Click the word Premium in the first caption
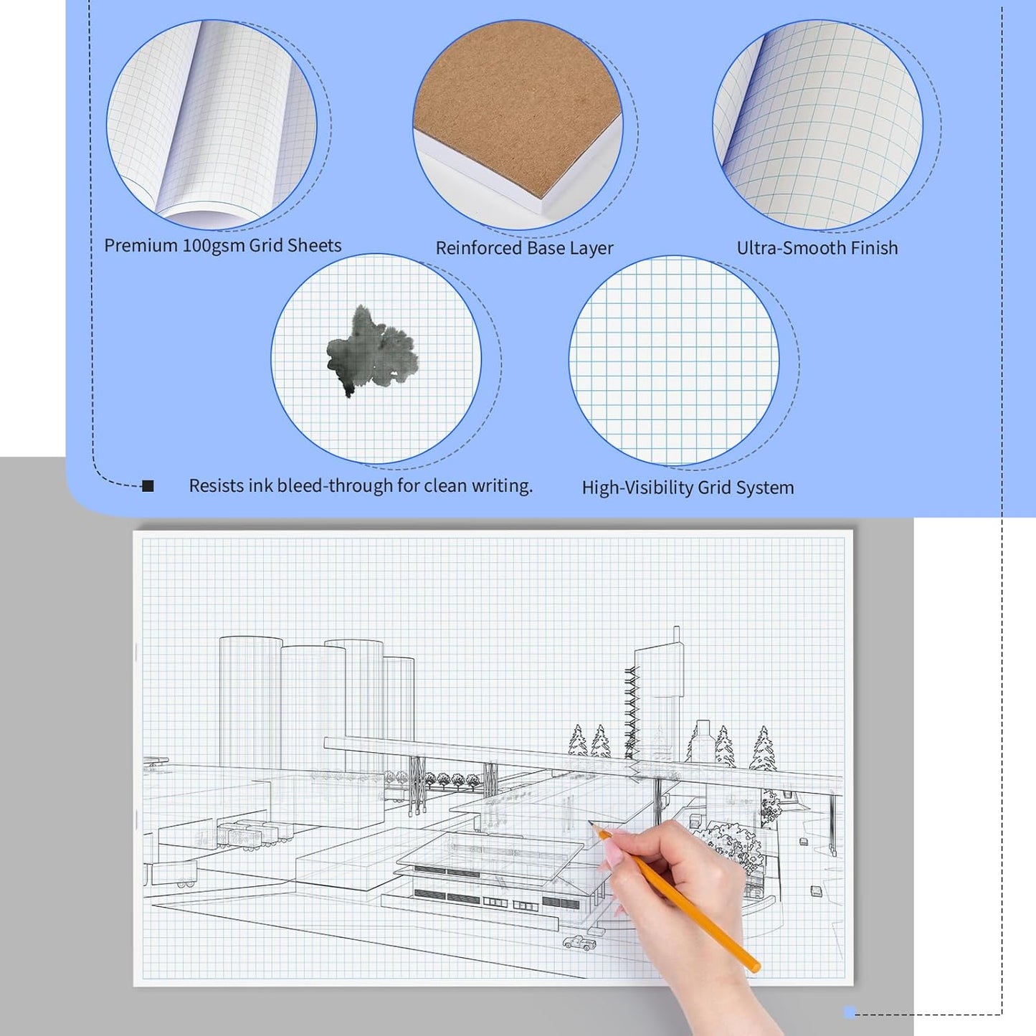point(141,246)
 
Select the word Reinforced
point(472,248)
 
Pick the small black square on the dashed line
point(148,486)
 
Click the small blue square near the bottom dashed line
point(850,1012)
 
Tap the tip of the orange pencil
point(592,826)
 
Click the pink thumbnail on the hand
point(612,853)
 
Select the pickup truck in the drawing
point(579,943)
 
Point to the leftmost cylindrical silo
point(250,703)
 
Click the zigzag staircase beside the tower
point(630,710)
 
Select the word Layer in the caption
point(591,248)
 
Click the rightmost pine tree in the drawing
point(763,749)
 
